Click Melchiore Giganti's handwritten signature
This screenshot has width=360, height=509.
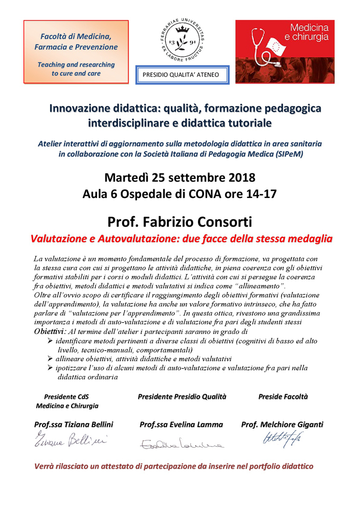click(x=281, y=438)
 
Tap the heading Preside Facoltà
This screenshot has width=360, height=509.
click(x=283, y=396)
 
